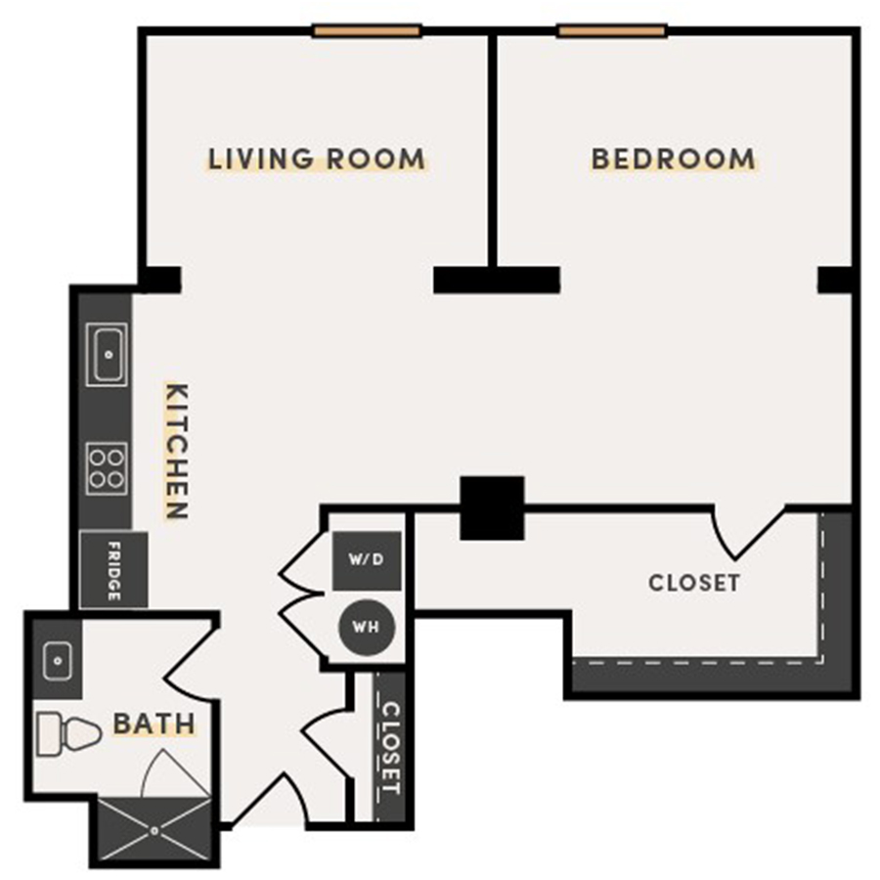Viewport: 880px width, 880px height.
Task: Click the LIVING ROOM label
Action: pyautogui.click(x=317, y=158)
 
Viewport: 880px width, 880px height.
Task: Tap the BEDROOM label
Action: pyautogui.click(x=674, y=158)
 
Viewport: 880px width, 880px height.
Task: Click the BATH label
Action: pyautogui.click(x=154, y=725)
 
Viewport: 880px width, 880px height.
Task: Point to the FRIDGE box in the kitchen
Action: pyautogui.click(x=113, y=570)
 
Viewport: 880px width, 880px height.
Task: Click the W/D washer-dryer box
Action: pyautogui.click(x=367, y=560)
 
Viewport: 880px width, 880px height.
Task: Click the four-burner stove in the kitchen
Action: pyautogui.click(x=107, y=467)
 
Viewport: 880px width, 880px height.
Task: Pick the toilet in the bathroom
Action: pyautogui.click(x=68, y=733)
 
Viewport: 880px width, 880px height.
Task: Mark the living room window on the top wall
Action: pyautogui.click(x=367, y=31)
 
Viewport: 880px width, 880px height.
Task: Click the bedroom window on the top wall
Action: pyautogui.click(x=611, y=31)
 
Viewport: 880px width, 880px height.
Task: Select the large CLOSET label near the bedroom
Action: pyautogui.click(x=694, y=583)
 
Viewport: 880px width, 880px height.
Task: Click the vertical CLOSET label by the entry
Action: pyautogui.click(x=390, y=747)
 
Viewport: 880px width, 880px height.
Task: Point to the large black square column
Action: pyautogui.click(x=492, y=507)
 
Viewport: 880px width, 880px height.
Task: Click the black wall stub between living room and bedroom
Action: pyautogui.click(x=497, y=280)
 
